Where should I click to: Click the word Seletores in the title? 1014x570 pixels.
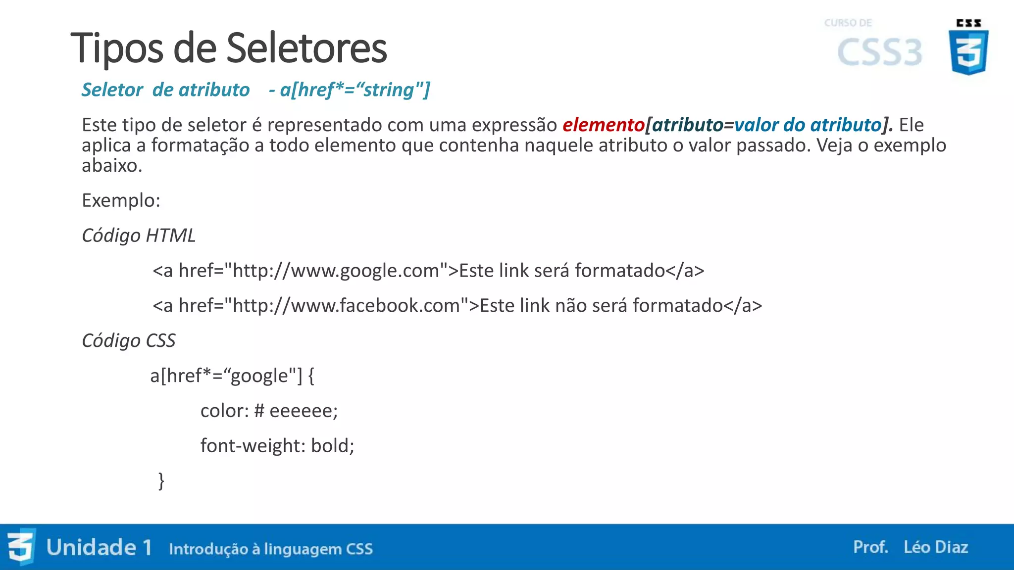click(306, 48)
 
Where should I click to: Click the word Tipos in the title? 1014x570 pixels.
click(117, 48)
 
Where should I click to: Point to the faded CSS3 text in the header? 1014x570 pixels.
click(880, 52)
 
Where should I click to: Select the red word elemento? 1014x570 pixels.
click(604, 125)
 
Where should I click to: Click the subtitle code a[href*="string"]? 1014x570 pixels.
click(355, 90)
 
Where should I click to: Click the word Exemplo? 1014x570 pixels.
click(121, 200)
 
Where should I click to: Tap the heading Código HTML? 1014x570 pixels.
click(139, 236)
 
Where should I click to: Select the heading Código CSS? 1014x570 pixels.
click(128, 340)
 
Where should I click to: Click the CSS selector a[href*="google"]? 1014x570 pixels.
click(226, 376)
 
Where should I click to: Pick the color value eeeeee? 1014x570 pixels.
click(304, 411)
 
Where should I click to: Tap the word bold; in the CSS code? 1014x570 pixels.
click(332, 446)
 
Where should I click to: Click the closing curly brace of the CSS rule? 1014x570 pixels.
click(161, 480)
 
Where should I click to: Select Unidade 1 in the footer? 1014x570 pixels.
click(99, 547)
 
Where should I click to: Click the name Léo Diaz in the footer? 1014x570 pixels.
click(936, 547)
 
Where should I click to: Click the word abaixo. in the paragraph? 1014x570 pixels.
click(112, 166)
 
